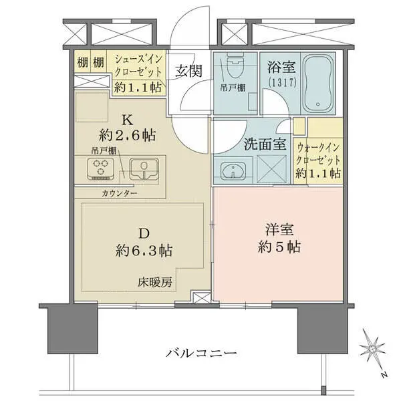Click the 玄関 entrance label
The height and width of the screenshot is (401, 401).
[x=188, y=71]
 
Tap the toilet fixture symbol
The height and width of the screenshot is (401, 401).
[x=235, y=65]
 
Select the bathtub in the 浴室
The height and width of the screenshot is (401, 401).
[x=318, y=84]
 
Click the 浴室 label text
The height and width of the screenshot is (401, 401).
[x=281, y=67]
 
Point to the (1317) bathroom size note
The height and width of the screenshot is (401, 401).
[x=282, y=82]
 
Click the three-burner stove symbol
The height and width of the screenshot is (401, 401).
[x=100, y=169]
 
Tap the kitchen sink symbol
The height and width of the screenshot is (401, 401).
[x=144, y=169]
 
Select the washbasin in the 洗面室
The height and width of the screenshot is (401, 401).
[x=233, y=170]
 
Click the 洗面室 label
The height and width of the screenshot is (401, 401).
[x=265, y=144]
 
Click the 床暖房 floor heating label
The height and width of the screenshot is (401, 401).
[x=155, y=282]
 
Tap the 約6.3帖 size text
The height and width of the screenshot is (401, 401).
[x=144, y=251]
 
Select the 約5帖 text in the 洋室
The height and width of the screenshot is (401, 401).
[x=279, y=247]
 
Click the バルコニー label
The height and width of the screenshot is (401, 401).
[x=201, y=353]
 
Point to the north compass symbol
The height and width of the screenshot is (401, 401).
[x=372, y=350]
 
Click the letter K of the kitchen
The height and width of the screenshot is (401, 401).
[x=128, y=120]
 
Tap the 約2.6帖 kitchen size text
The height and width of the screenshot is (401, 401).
[x=128, y=135]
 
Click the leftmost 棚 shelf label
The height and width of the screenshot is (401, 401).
[x=83, y=62]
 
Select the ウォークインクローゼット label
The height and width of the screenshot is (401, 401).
[x=318, y=154]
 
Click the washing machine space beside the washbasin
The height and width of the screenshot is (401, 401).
[x=271, y=169]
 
